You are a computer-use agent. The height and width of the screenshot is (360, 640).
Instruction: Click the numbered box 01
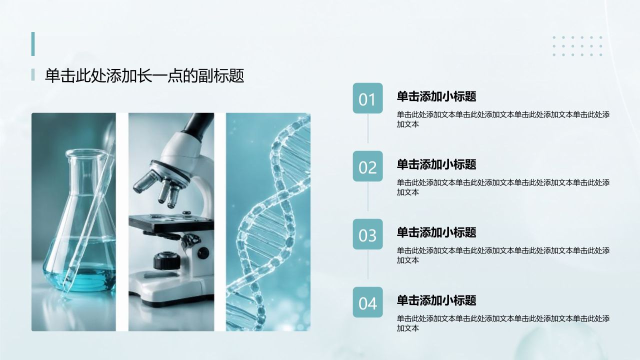(x=367, y=98)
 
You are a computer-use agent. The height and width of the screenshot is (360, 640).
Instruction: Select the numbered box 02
(x=367, y=166)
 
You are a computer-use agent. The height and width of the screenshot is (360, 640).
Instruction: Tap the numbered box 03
(x=367, y=234)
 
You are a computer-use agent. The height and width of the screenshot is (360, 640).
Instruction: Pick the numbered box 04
(x=367, y=302)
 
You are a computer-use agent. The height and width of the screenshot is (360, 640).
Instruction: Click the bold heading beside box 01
(x=436, y=96)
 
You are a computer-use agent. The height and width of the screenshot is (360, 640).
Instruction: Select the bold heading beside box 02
(x=436, y=164)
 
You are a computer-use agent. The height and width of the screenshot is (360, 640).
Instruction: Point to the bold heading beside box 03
(x=436, y=232)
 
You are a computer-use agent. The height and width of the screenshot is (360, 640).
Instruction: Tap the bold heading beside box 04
(x=436, y=300)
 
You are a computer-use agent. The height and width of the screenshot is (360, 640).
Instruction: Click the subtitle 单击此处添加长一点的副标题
(x=144, y=75)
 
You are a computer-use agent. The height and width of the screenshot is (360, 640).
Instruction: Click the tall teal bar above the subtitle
(x=33, y=44)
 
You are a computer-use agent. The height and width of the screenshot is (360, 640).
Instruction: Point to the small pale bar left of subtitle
(x=33, y=74)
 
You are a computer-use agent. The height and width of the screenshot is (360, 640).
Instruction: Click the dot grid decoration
(x=577, y=46)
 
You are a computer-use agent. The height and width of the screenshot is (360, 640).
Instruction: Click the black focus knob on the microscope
(x=167, y=260)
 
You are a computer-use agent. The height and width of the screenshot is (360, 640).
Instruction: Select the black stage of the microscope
(x=171, y=222)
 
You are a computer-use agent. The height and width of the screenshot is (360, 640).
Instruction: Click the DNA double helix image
(x=268, y=222)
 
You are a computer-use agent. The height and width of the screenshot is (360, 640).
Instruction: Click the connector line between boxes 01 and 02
(x=367, y=128)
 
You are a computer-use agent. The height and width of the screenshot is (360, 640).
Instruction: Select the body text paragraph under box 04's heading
(x=503, y=323)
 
